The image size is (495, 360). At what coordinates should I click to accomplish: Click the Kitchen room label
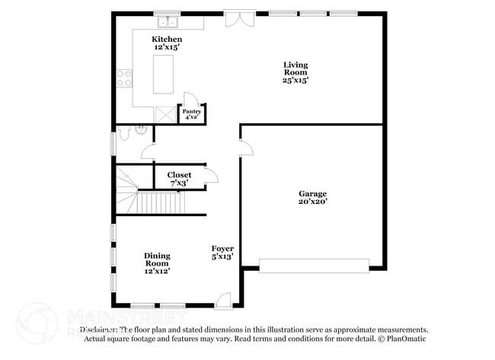[167, 39]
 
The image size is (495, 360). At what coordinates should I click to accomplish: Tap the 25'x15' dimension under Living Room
[295, 80]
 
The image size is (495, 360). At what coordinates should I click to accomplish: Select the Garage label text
[312, 193]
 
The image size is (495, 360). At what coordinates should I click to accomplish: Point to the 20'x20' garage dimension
[312, 202]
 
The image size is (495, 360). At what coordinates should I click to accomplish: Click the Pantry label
[191, 111]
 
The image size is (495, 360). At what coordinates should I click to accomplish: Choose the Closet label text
[180, 174]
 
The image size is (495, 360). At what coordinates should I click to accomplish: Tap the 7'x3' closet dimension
[180, 183]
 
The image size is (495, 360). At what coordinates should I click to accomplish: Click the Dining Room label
[158, 260]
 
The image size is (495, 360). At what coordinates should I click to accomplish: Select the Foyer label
[222, 249]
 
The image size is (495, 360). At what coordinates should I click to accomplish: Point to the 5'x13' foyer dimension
[222, 257]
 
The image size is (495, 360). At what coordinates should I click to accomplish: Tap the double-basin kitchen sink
[165, 21]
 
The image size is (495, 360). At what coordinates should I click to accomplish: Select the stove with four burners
[124, 78]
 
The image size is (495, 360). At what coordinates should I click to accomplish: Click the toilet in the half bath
[138, 130]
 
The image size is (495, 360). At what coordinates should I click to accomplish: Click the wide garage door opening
[314, 265]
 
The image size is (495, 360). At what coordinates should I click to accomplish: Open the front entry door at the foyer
[222, 301]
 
